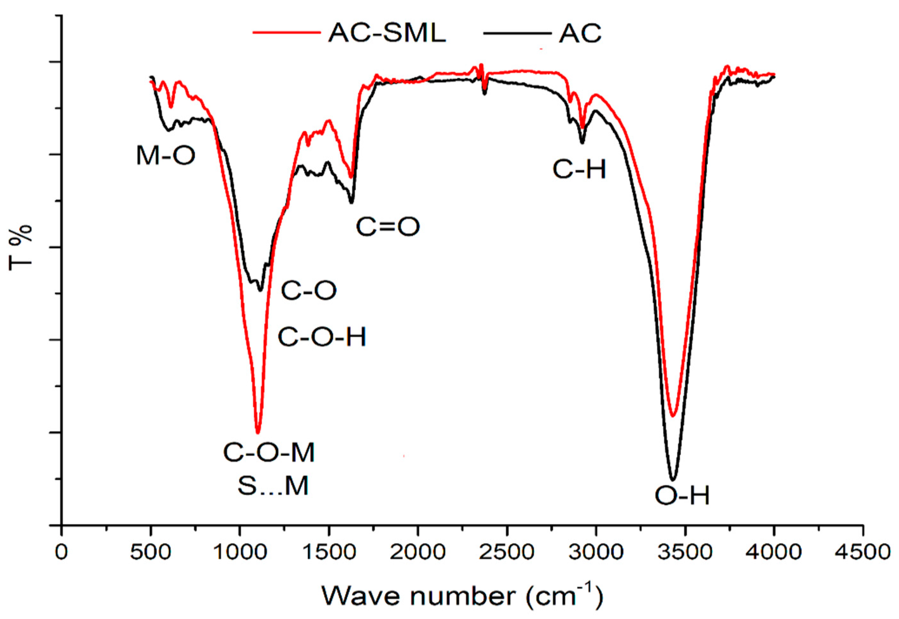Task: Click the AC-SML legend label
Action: pos(387,33)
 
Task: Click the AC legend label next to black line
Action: pos(580,33)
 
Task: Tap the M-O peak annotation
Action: pos(165,156)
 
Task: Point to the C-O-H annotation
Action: pos(322,337)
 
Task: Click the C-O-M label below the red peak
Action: pos(269,453)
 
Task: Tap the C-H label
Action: pos(579,170)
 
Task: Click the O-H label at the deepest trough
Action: pos(682,495)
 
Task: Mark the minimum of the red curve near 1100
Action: pos(258,433)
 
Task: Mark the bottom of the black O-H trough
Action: pos(673,479)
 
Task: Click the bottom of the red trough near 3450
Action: pos(673,416)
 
